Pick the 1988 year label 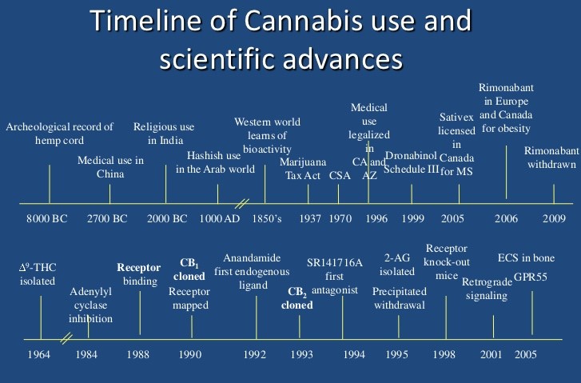[x=139, y=353]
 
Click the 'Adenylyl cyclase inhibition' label [x=89, y=305]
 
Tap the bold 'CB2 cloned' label [x=301, y=297]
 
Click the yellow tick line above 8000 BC [x=50, y=183]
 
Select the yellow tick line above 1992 [x=256, y=317]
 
